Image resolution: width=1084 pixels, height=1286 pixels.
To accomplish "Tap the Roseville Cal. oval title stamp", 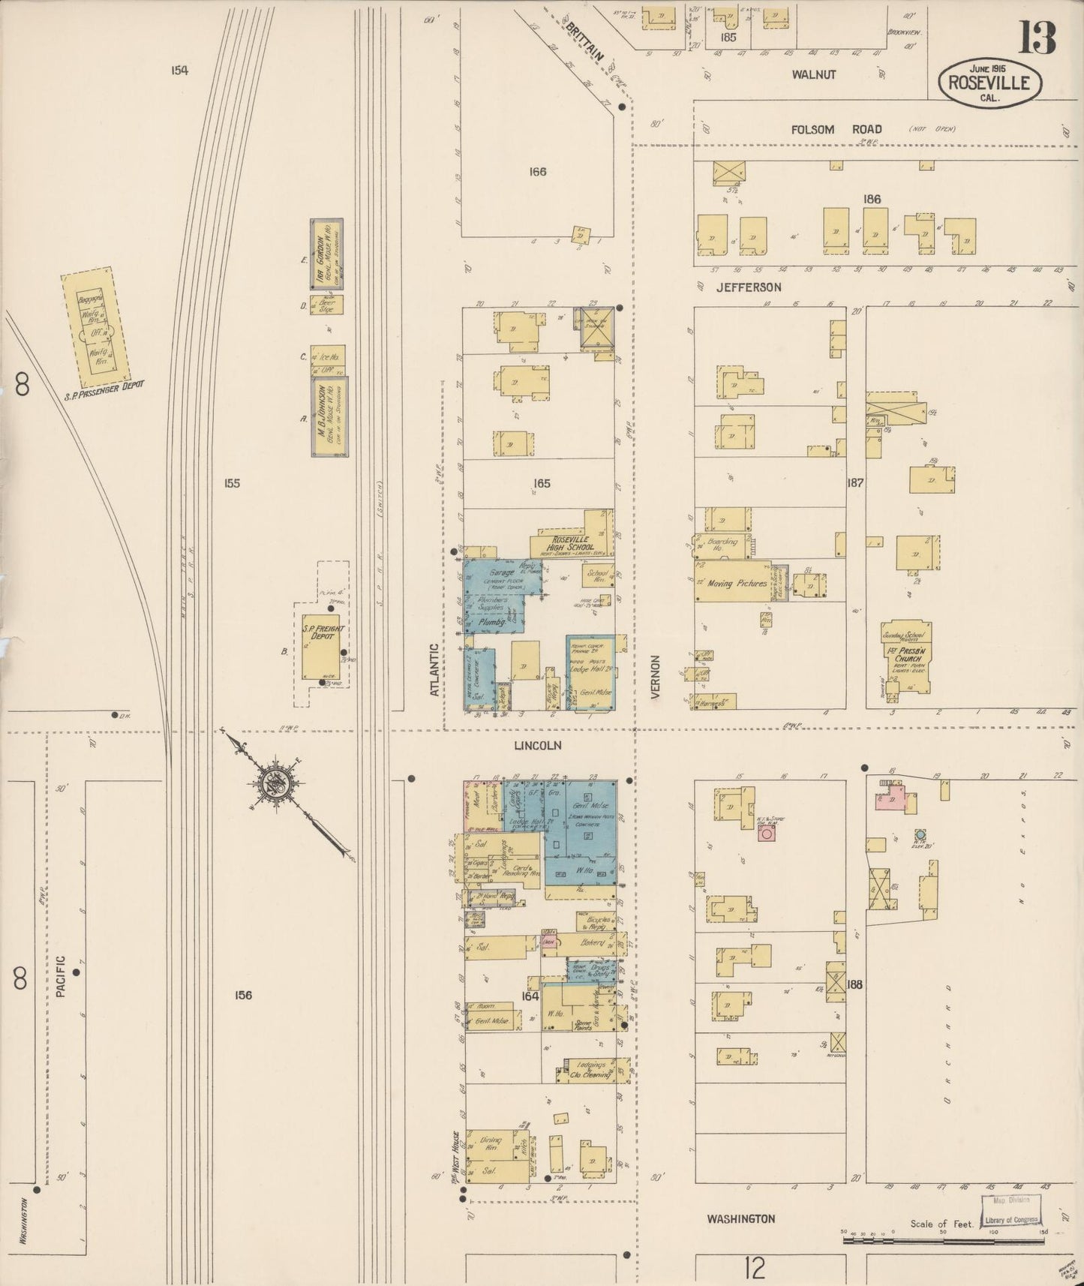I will click(989, 83).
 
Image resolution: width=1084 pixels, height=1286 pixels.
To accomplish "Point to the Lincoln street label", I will click(537, 746).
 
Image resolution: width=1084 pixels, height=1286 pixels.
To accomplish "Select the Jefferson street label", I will click(748, 287).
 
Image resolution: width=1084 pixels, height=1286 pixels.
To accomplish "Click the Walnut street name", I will click(814, 74).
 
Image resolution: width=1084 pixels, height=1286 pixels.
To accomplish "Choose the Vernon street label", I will click(655, 678).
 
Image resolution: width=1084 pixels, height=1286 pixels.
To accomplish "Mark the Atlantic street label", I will click(434, 669).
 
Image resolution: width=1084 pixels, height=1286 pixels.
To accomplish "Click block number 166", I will click(537, 172).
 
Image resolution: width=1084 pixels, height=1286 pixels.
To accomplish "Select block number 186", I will click(871, 199).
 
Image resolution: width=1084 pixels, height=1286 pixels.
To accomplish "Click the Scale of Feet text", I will click(941, 1224).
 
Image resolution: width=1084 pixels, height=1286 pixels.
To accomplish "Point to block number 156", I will click(242, 995).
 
